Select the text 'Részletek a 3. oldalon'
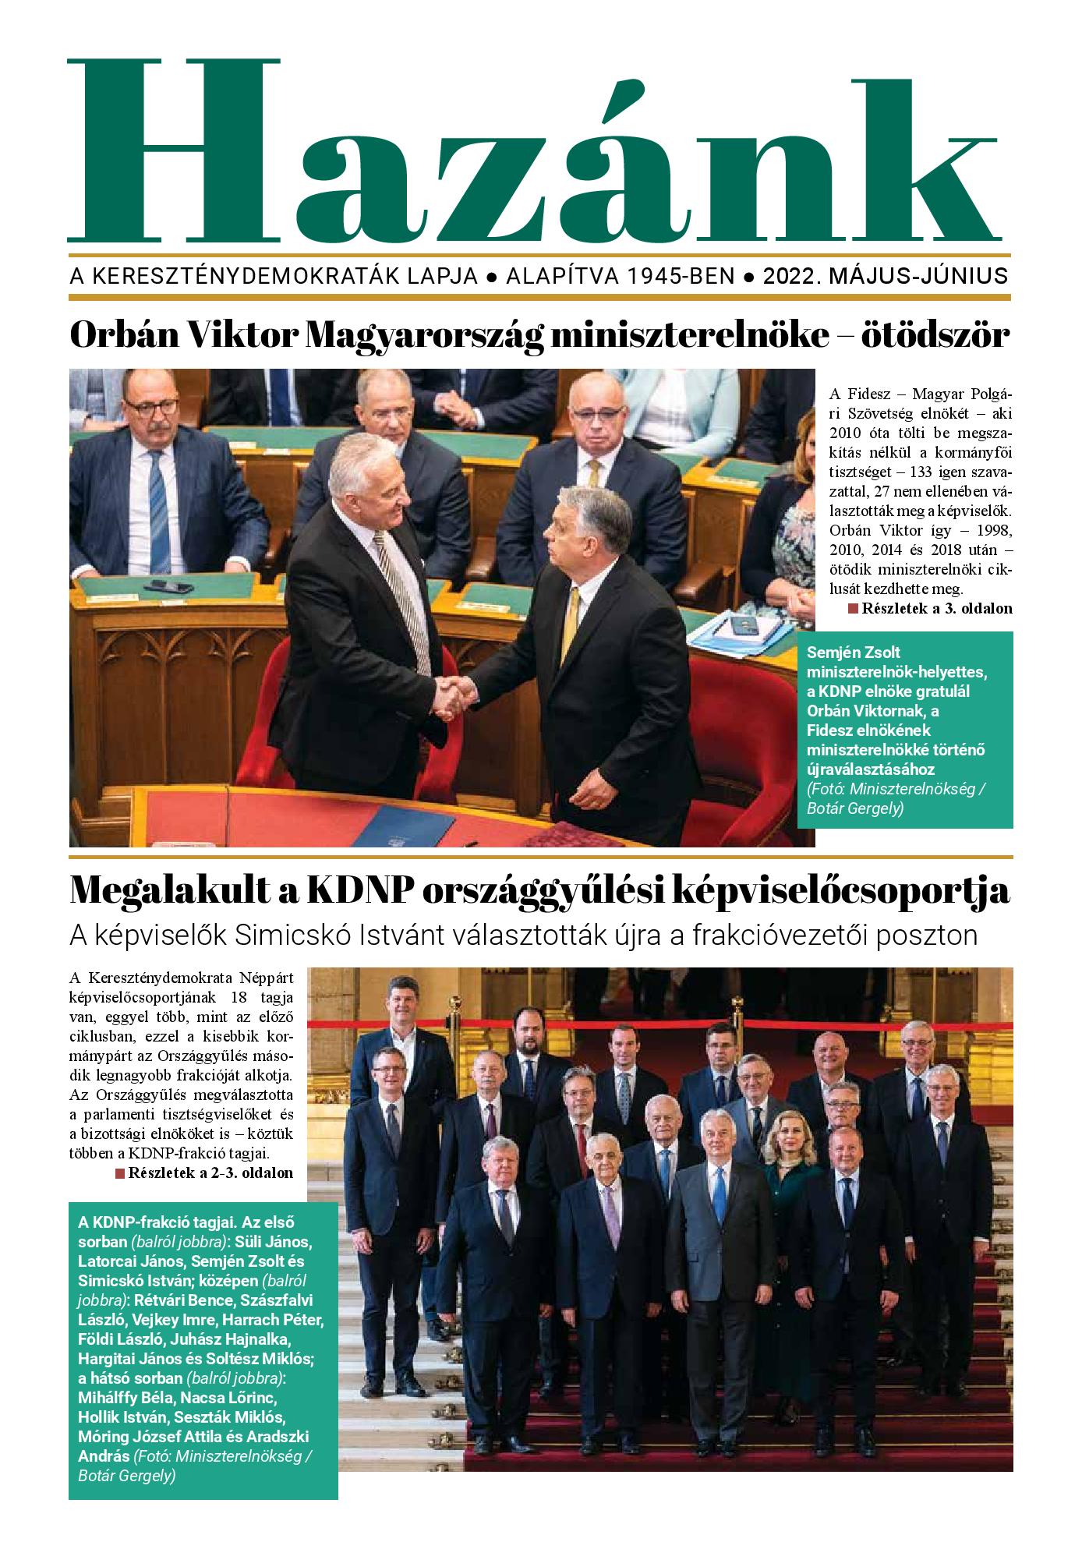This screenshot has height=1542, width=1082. click(936, 609)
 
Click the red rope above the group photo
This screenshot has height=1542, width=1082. click(663, 1021)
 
